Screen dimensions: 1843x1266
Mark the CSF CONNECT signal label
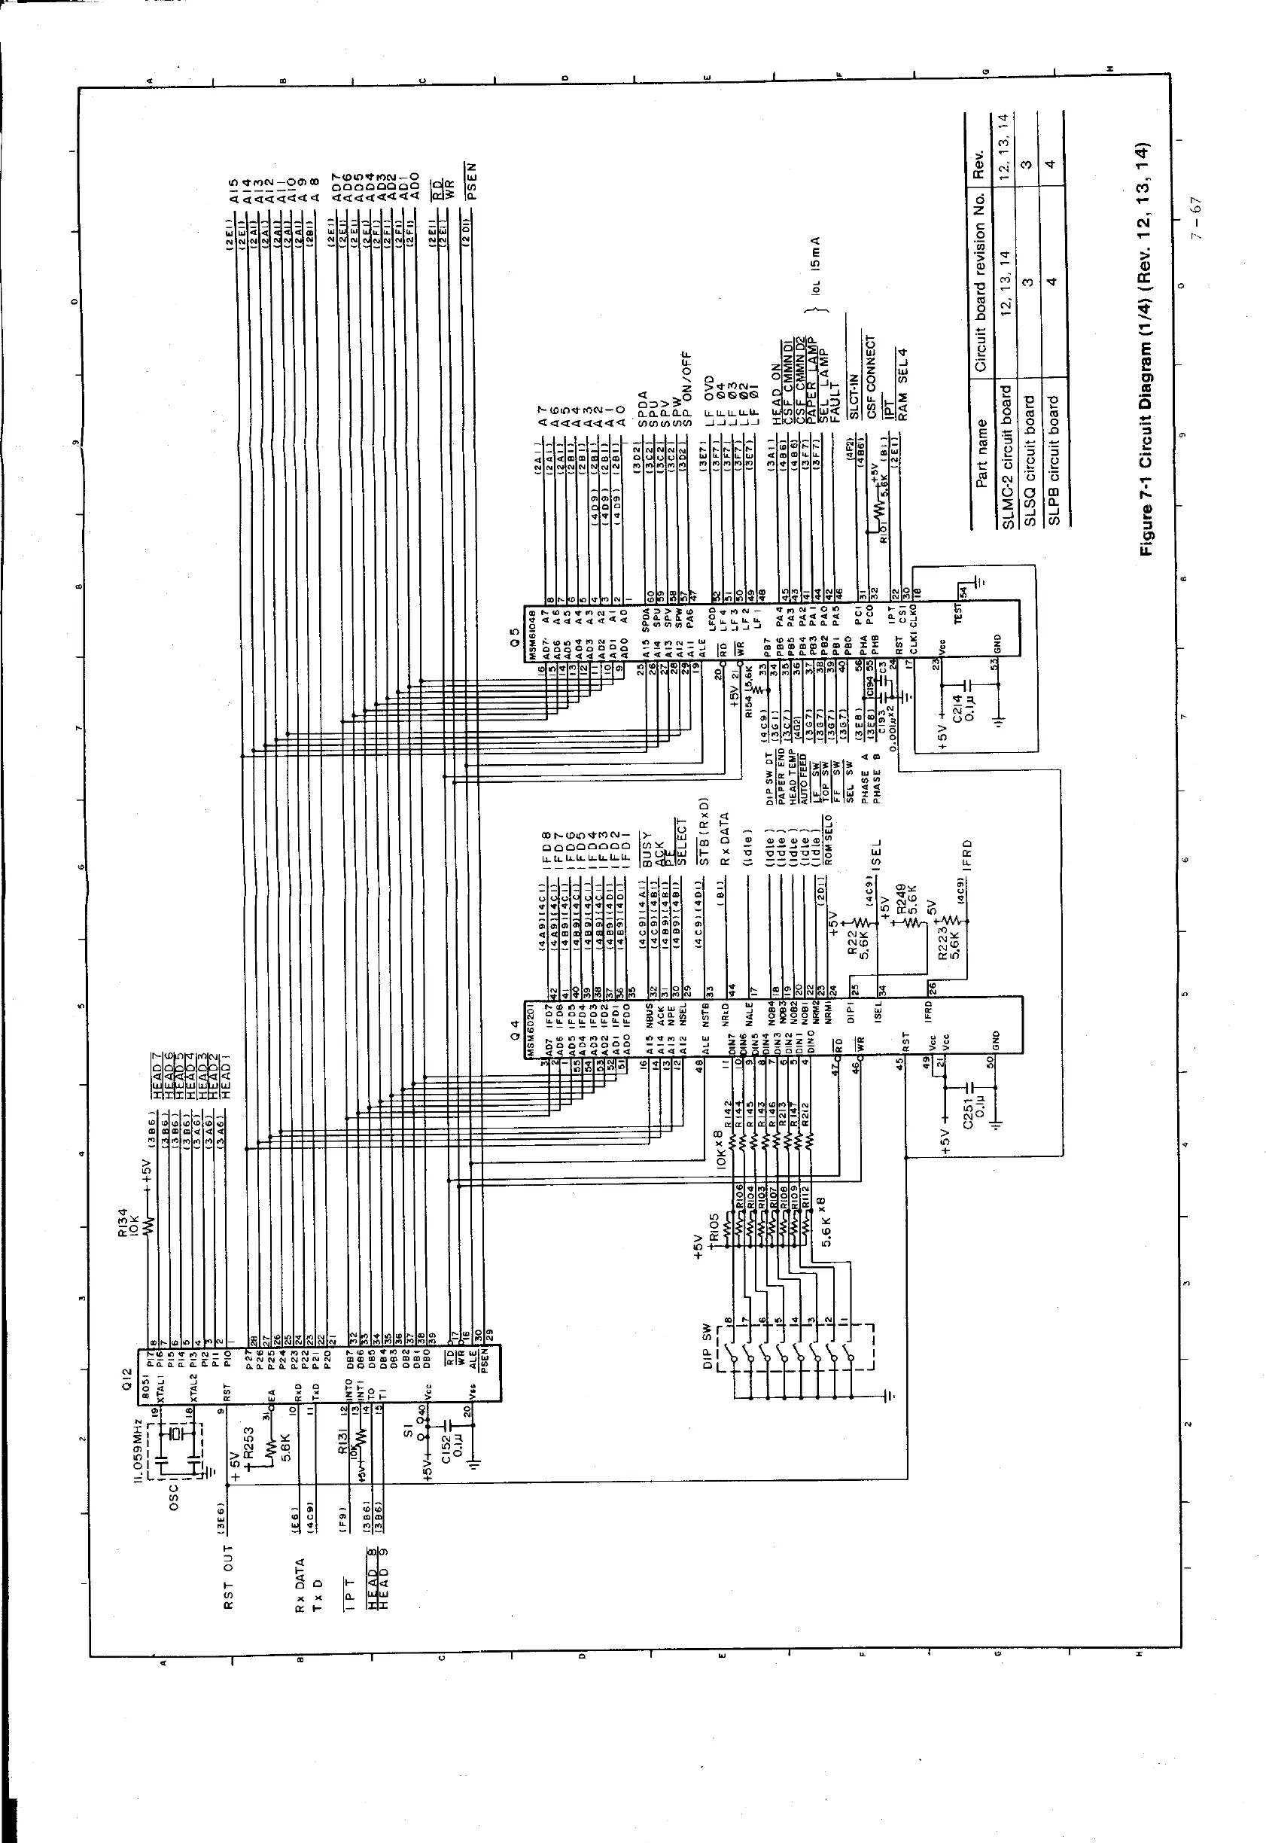pyautogui.click(x=872, y=379)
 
